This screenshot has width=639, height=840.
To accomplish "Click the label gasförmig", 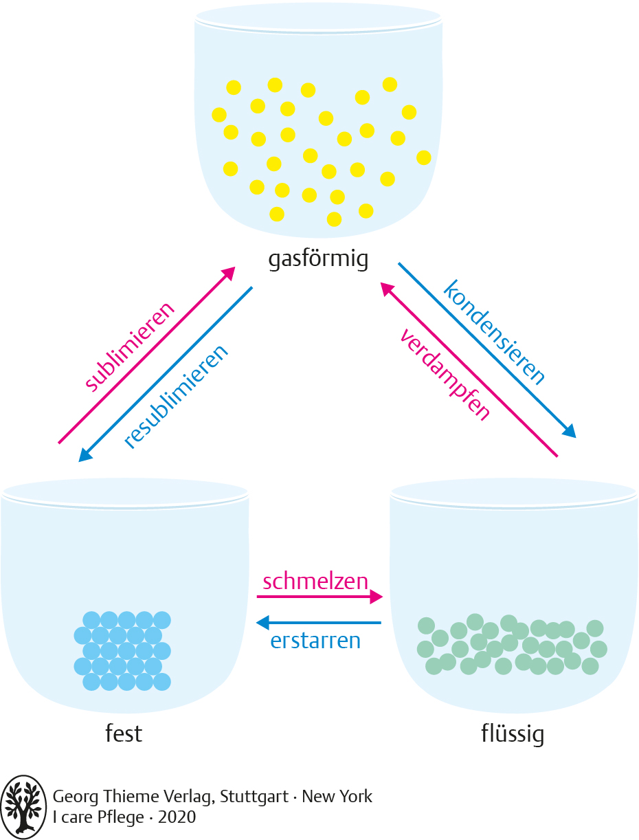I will (x=319, y=259).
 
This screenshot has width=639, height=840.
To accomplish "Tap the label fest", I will (x=124, y=733).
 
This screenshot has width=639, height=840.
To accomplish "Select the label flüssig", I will (x=513, y=733).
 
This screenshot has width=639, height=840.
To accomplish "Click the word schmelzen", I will (x=315, y=582).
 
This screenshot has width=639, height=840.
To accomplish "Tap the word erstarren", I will (x=315, y=641).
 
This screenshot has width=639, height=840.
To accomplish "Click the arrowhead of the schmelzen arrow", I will (x=376, y=597).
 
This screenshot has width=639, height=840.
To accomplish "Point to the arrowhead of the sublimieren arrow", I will (x=228, y=274).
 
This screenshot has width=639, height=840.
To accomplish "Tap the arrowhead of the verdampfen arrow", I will (x=388, y=289).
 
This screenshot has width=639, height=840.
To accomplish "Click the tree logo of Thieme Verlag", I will (x=24, y=807).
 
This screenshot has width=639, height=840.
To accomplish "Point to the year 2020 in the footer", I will (x=177, y=817).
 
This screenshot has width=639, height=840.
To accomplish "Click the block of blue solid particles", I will (x=122, y=650).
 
